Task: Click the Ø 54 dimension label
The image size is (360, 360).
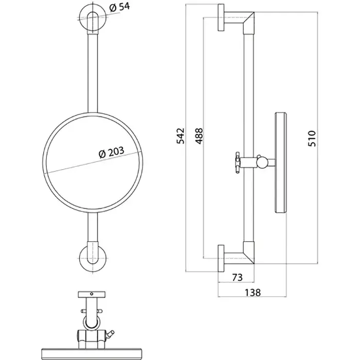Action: [119, 7]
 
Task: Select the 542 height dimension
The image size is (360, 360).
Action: [181, 136]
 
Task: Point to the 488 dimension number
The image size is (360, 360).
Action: [199, 136]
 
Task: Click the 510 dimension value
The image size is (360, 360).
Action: [312, 138]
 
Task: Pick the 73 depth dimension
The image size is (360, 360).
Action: [237, 277]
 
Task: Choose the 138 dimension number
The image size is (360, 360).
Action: [253, 293]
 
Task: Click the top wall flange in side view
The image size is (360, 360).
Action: [221, 17]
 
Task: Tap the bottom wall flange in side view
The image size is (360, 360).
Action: [221, 259]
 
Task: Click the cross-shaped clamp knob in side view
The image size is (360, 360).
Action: [238, 163]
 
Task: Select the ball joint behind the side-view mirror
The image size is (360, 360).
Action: [261, 163]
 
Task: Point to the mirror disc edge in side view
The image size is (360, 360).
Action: [281, 163]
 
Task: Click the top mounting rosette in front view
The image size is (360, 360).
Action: [92, 17]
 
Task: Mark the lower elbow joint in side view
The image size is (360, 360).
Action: [249, 253]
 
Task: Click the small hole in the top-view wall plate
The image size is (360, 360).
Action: [92, 294]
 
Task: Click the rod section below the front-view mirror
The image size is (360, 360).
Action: [93, 227]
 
